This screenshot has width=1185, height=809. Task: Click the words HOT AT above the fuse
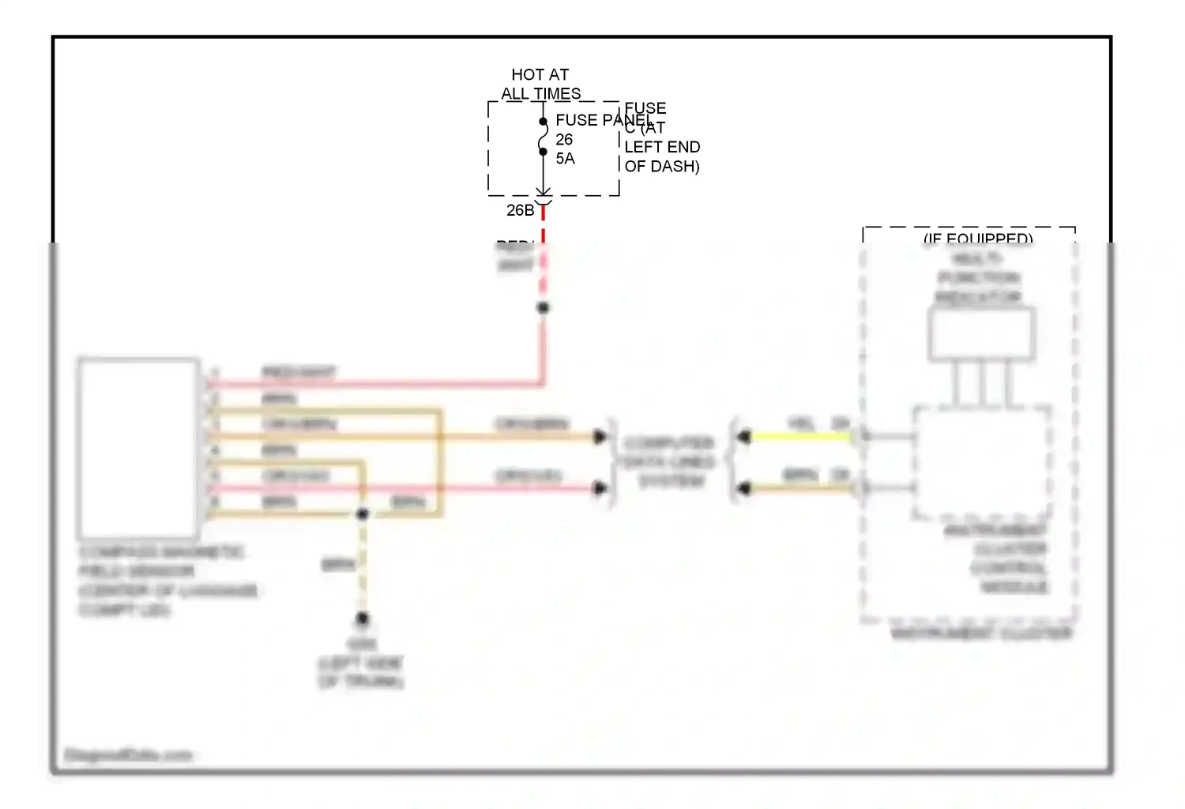(x=540, y=74)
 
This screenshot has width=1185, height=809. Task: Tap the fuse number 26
(x=564, y=140)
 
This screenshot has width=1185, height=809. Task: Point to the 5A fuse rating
(x=565, y=159)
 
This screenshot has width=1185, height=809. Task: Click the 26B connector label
(x=520, y=210)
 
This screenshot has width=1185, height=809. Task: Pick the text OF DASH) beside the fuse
(x=662, y=166)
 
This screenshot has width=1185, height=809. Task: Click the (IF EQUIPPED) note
(x=978, y=238)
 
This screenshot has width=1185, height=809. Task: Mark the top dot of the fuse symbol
(x=544, y=122)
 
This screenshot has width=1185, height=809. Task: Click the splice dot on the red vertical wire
(x=543, y=307)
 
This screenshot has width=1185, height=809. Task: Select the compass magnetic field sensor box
(x=138, y=448)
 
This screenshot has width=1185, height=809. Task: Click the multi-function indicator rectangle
(x=981, y=334)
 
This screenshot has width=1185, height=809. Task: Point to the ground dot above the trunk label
(x=362, y=618)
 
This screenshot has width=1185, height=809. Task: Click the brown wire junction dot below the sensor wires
(x=362, y=514)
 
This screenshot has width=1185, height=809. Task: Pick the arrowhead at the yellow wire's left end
(x=743, y=436)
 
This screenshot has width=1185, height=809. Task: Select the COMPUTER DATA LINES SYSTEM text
(x=670, y=461)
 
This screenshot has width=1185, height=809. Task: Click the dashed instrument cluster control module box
(x=982, y=462)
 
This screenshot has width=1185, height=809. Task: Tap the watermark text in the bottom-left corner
(x=128, y=755)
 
